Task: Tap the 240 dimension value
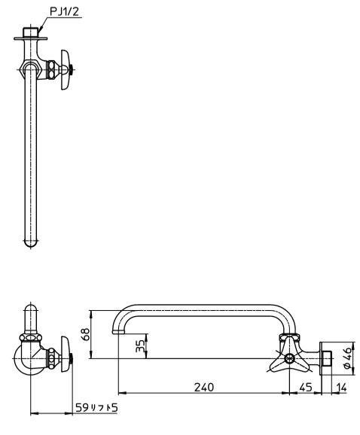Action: tap(204, 387)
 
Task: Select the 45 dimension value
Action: tap(305, 387)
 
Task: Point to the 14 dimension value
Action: tap(341, 388)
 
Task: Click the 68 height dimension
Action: tap(86, 335)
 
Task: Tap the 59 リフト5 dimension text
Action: tap(96, 408)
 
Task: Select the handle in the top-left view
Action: tap(66, 70)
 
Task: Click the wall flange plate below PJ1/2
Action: tap(31, 38)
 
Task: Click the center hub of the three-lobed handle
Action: tap(288, 359)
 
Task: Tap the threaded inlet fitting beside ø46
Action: tap(328, 358)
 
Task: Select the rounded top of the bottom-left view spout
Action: tap(31, 308)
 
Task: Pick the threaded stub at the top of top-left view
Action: tap(31, 32)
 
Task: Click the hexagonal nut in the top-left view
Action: tap(31, 69)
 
